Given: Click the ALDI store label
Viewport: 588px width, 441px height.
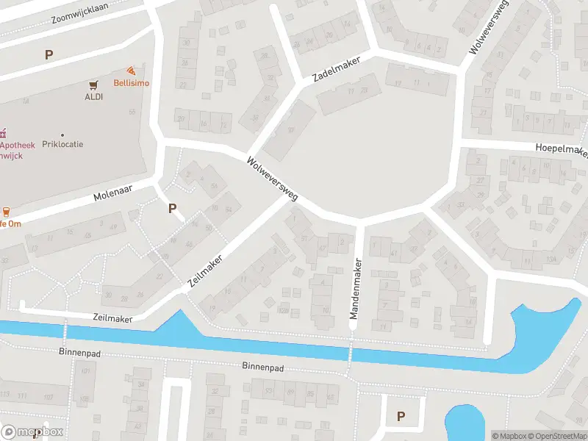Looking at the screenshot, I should pyautogui.click(x=93, y=96).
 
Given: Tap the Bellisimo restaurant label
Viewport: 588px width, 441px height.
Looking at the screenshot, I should pyautogui.click(x=131, y=83).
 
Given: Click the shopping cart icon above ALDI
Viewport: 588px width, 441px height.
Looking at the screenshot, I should pyautogui.click(x=93, y=85).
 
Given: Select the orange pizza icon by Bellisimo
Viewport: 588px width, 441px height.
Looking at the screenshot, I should pyautogui.click(x=131, y=71).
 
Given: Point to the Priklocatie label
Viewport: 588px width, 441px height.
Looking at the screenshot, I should pyautogui.click(x=62, y=144).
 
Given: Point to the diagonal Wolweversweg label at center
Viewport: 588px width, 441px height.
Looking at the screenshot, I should pyautogui.click(x=272, y=179).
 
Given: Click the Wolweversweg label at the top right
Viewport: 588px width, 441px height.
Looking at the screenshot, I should pyautogui.click(x=500, y=29).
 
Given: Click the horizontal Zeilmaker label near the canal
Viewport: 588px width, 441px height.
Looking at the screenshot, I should pyautogui.click(x=112, y=318).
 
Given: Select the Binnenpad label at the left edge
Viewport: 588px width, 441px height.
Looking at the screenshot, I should pyautogui.click(x=78, y=352).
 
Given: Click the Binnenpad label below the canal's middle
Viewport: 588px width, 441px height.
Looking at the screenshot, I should pyautogui.click(x=262, y=365).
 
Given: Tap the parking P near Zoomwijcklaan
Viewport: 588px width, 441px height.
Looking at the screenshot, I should pyautogui.click(x=49, y=54).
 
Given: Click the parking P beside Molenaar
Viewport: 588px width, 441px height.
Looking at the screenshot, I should pyautogui.click(x=172, y=208).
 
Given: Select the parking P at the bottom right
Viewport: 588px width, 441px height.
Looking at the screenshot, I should pyautogui.click(x=401, y=416).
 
